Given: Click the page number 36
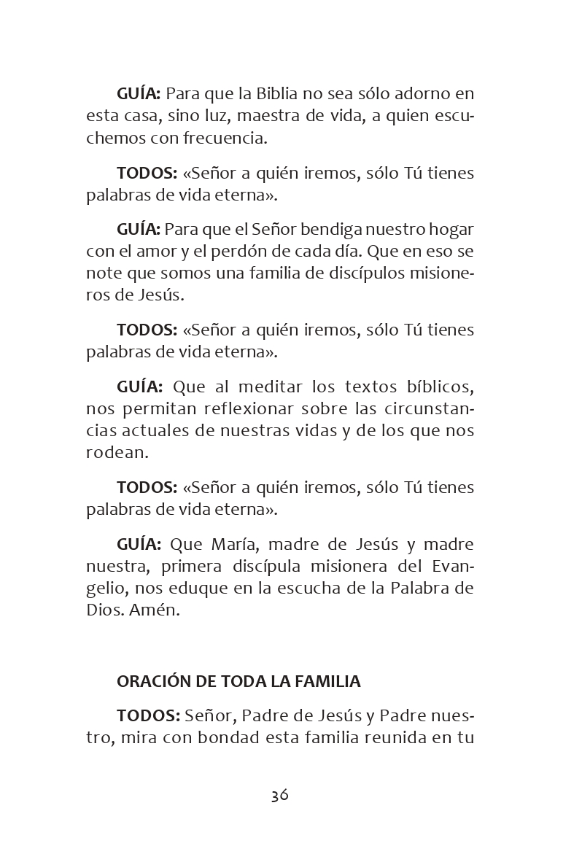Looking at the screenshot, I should [x=280, y=795].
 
